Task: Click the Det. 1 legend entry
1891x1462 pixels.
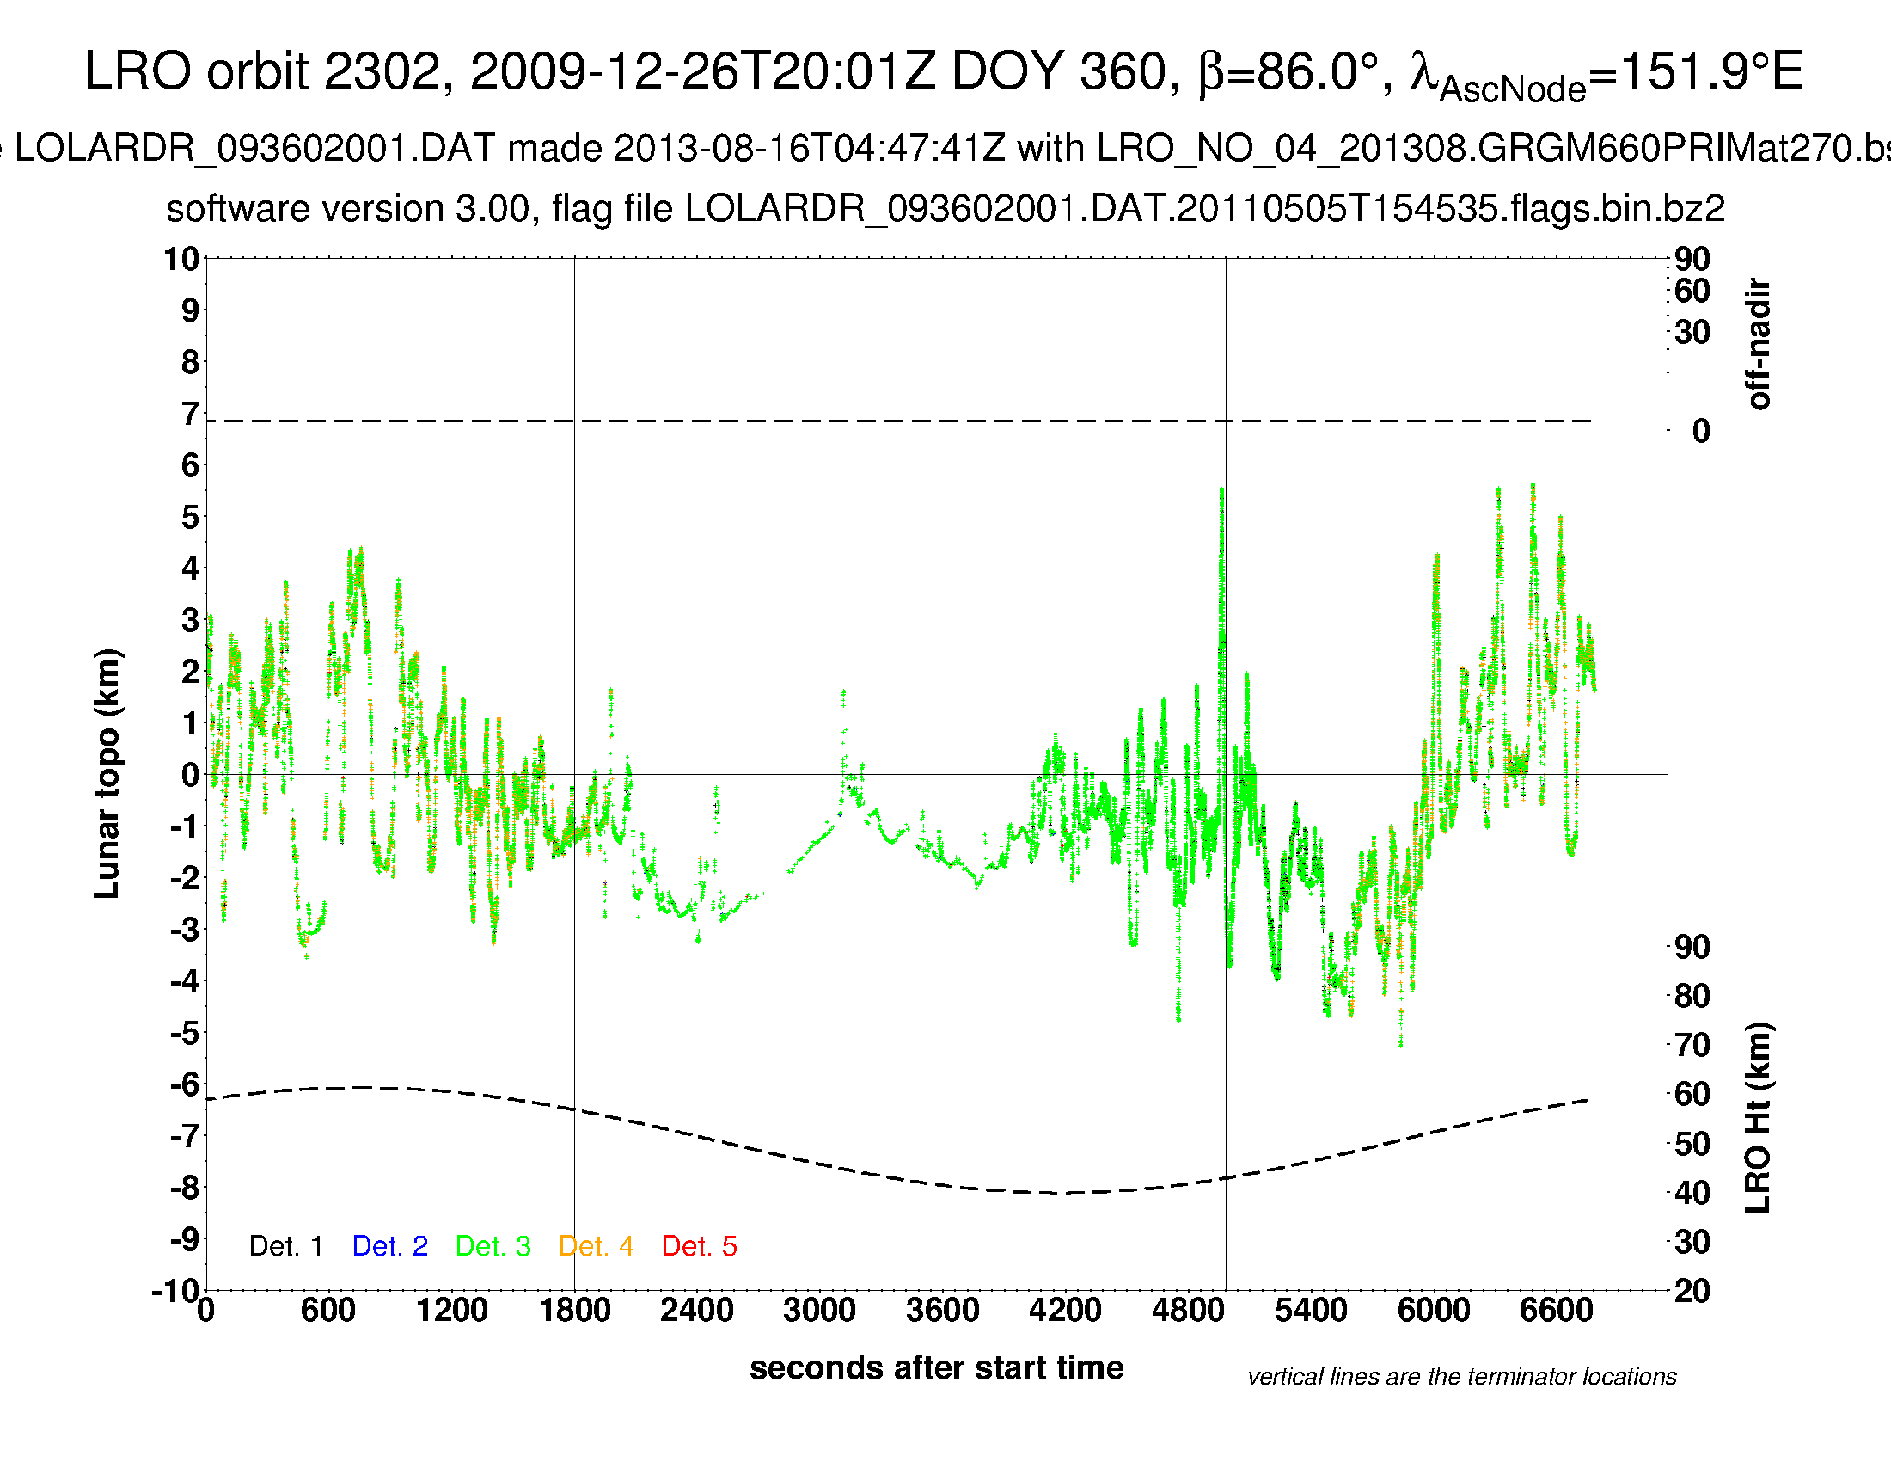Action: [x=285, y=1246]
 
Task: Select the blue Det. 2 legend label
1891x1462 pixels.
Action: [x=389, y=1246]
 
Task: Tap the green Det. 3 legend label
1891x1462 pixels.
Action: [x=493, y=1246]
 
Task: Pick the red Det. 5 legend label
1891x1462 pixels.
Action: [x=699, y=1246]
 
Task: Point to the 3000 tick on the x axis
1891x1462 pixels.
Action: [x=819, y=1310]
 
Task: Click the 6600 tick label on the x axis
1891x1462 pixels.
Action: [x=1556, y=1310]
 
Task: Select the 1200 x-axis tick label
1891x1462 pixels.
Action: [x=451, y=1310]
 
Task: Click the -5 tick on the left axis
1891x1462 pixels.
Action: [x=184, y=1033]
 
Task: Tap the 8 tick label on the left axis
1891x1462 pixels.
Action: [x=190, y=362]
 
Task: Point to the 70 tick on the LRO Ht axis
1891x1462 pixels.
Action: [x=1692, y=1046]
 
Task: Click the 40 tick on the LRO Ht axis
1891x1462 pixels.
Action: [x=1692, y=1194]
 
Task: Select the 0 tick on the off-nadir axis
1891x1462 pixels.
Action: [x=1700, y=431]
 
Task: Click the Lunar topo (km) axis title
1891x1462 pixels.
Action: [x=107, y=773]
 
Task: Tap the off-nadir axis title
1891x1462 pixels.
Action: [x=1758, y=344]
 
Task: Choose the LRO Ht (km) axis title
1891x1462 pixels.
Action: [x=1758, y=1117]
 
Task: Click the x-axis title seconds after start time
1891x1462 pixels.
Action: [x=936, y=1367]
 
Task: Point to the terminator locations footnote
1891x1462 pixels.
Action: [x=1461, y=1377]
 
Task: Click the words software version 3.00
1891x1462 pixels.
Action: [x=347, y=209]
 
